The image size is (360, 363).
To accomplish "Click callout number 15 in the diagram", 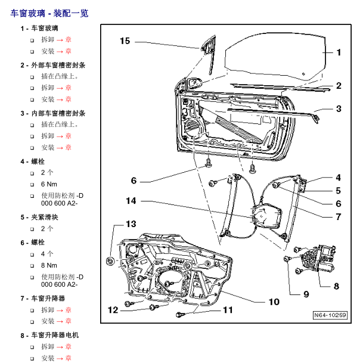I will [x=125, y=41].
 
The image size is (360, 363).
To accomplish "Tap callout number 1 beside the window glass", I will [x=339, y=52].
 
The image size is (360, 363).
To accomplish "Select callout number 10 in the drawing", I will [x=274, y=302].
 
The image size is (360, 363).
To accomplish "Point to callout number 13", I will [x=131, y=224].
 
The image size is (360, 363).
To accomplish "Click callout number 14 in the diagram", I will [x=131, y=201].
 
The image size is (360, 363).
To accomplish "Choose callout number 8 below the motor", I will [x=336, y=286].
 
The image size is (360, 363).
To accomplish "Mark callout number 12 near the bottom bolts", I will [x=113, y=309].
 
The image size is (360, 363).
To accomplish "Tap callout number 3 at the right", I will [x=338, y=108].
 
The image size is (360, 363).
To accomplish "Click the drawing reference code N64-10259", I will [x=330, y=315].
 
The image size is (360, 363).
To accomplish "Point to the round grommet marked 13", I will [x=110, y=260].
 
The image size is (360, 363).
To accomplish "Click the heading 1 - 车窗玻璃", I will [x=39, y=28].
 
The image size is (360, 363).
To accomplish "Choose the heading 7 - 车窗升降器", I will [x=43, y=298].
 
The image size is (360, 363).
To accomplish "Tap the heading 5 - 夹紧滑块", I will [x=39, y=218].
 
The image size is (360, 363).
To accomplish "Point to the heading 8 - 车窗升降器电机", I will [x=49, y=335].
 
